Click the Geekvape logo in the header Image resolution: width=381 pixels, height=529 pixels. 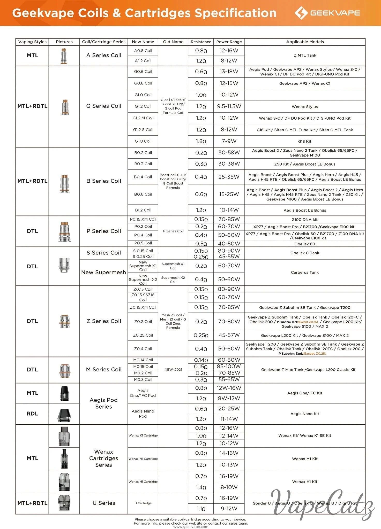click(327, 13)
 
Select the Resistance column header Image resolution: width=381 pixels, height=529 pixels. click(201, 42)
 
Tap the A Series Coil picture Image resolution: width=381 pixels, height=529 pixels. click(64, 56)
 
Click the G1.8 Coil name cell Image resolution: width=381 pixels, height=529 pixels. click(143, 141)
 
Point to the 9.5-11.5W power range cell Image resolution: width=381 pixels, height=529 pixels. click(229, 106)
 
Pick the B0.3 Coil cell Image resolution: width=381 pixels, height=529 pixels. click(143, 164)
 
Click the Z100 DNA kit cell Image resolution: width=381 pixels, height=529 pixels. click(305, 220)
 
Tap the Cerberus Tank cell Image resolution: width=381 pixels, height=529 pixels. click(305, 273)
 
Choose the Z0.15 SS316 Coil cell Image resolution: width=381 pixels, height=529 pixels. click(143, 297)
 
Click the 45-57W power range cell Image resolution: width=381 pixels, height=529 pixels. click(229, 335)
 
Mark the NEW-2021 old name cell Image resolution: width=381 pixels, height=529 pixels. click(173, 370)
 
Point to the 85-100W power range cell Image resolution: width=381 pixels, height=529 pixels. click(229, 367)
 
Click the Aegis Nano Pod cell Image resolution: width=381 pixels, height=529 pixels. click(143, 414)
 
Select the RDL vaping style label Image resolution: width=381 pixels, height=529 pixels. click(32, 414)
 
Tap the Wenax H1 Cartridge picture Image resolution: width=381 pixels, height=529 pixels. click(64, 482)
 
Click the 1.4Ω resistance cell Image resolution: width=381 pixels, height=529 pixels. click(201, 487)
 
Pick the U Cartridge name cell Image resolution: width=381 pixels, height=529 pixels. click(143, 503)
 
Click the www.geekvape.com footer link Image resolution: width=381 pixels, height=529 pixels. click(191, 527)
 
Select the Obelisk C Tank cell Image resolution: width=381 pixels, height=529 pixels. click(305, 253)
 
